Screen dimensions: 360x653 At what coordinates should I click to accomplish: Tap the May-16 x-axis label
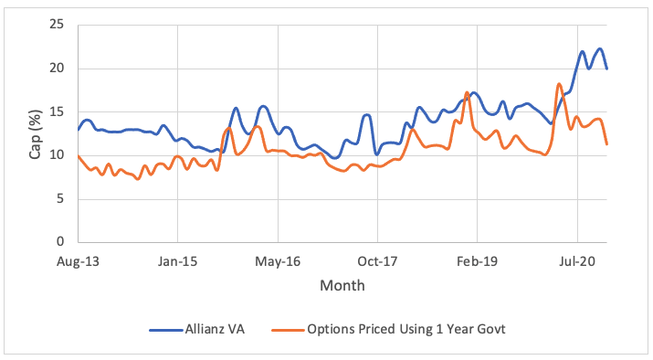[277, 260]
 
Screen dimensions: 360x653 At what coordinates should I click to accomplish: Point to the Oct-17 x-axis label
[376, 260]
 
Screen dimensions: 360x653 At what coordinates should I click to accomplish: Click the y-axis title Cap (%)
[35, 133]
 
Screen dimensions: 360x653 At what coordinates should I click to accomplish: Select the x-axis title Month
[342, 286]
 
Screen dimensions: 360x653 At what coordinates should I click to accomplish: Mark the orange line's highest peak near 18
[558, 84]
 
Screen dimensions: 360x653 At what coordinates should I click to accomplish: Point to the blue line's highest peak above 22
[599, 48]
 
